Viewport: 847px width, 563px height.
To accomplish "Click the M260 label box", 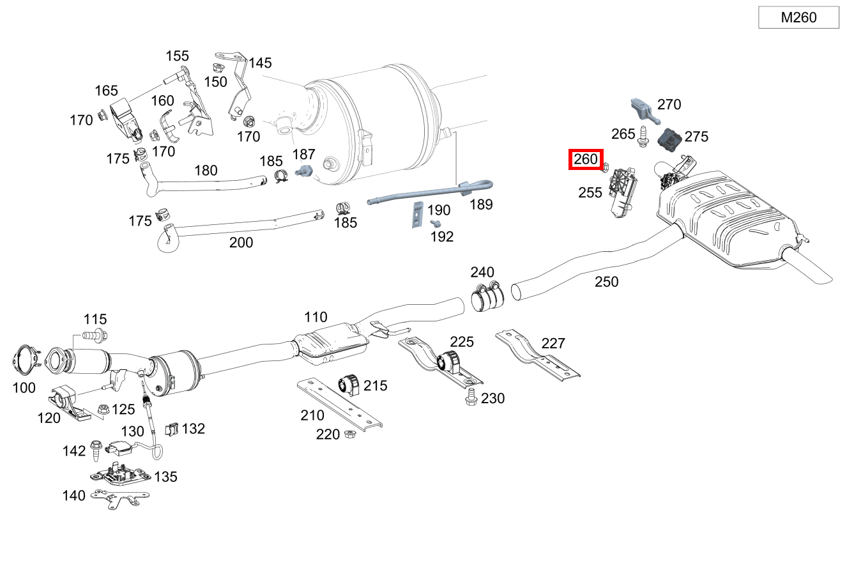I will coord(798,17).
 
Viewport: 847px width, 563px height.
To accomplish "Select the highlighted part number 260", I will coord(586,159).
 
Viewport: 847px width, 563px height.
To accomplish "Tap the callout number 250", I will coord(606,281).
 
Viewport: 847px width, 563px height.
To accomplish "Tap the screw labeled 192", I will coord(436,223).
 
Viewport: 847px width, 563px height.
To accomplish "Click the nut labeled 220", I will coord(349,435).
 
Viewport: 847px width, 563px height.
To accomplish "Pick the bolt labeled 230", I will coord(471,396).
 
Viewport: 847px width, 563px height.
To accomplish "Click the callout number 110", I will coord(316,317).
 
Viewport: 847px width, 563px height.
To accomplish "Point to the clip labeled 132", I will coord(171,429).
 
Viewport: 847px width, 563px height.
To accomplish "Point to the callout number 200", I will coord(241,242).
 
